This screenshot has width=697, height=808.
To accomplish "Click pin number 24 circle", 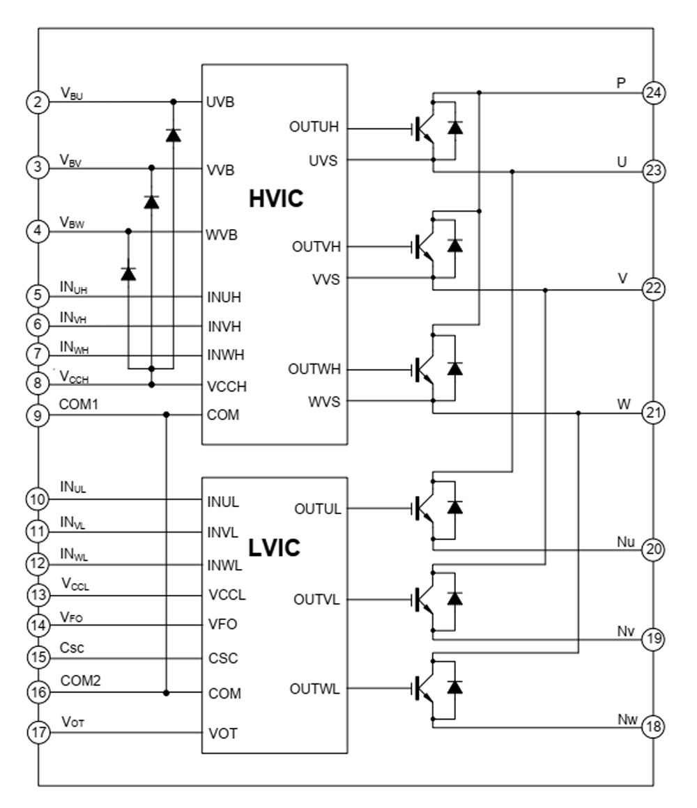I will (652, 92).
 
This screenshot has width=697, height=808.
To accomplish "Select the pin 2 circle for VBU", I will (38, 102).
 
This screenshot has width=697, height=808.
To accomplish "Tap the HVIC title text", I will (276, 199).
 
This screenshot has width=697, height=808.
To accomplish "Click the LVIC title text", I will (274, 548).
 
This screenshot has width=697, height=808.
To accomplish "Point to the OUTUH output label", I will (314, 128).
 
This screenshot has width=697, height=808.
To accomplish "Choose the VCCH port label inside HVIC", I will (227, 386).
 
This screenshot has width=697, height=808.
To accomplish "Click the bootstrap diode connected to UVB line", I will (173, 135).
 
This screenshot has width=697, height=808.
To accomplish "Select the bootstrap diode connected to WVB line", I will (128, 273).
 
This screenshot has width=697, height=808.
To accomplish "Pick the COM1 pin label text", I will (78, 404).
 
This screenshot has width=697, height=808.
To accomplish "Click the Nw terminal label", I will (627, 719).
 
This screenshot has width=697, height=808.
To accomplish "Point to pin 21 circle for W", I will (652, 413).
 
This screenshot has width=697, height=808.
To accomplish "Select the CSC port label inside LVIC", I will (223, 658).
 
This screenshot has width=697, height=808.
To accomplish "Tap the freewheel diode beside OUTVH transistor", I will (455, 245).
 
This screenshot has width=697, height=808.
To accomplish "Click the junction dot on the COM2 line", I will (166, 693).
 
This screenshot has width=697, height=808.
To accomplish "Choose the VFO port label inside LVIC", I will (223, 625).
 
